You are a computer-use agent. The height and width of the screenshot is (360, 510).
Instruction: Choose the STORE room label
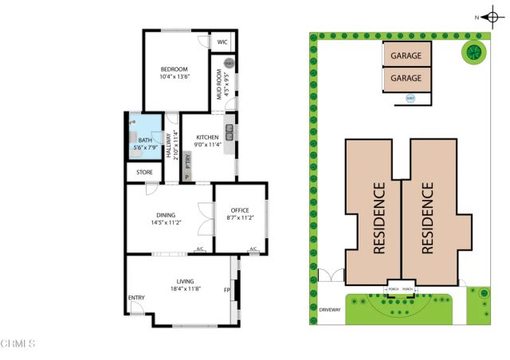click(x=143, y=171)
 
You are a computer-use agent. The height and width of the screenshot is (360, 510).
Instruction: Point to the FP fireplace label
click(x=226, y=290)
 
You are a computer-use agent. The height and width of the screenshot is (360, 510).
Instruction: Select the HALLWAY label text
click(x=168, y=145)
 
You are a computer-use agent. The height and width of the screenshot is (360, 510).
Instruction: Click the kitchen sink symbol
click(x=229, y=132)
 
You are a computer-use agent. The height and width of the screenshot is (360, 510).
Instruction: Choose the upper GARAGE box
click(x=406, y=56)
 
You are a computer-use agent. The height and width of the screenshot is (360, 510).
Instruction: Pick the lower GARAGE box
click(x=406, y=79)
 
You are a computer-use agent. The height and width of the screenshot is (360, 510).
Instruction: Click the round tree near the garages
click(x=473, y=53)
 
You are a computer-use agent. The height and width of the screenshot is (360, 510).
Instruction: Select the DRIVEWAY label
click(x=330, y=311)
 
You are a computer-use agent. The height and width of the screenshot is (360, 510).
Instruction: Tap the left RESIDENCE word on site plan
click(x=379, y=218)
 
